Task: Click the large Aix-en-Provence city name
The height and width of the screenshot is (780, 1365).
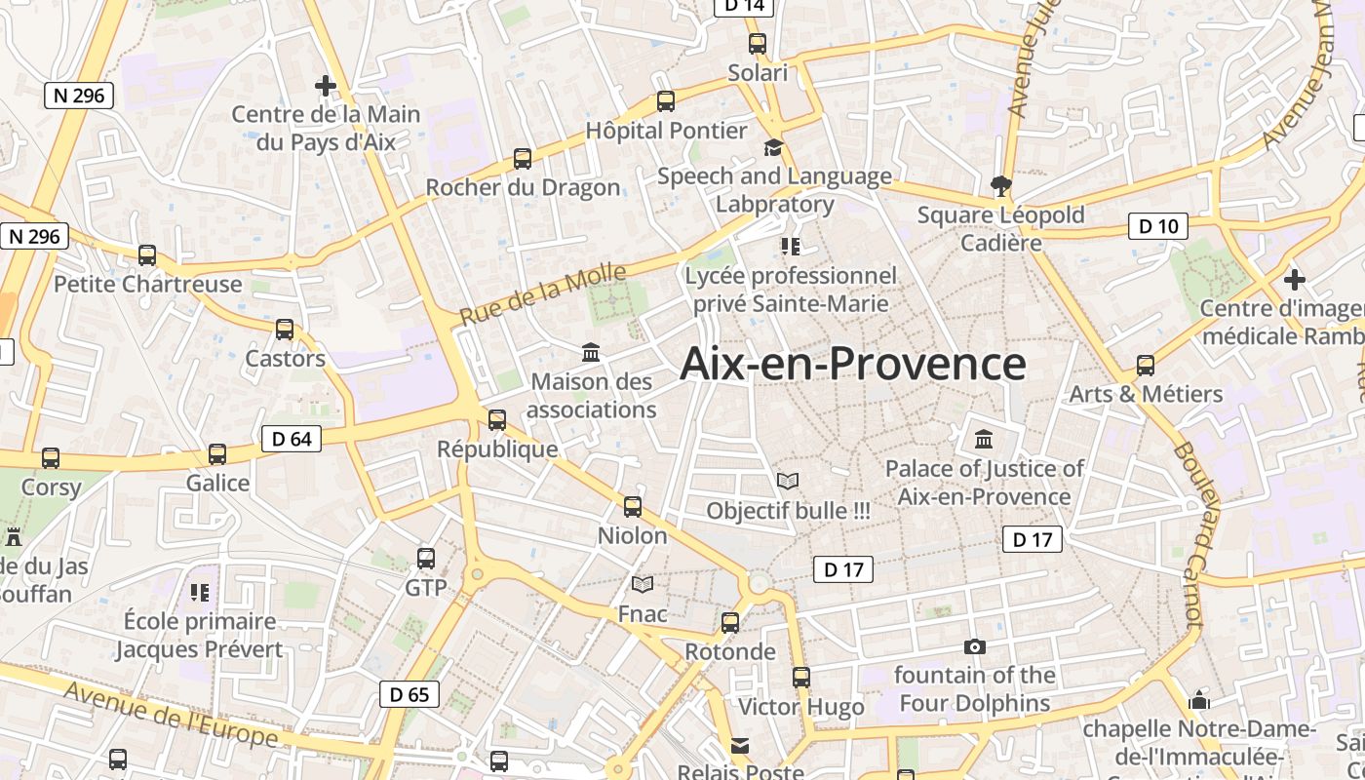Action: coord(852,364)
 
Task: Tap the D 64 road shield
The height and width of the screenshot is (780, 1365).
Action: coord(292,439)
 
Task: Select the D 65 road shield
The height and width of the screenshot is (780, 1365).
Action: coord(409,694)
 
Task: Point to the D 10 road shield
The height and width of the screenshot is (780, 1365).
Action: coord(1158,226)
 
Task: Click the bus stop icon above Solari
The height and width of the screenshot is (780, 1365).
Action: coord(758,43)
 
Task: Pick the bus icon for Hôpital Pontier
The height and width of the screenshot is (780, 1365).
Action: coord(666,100)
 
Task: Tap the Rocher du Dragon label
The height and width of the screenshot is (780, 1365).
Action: coord(523,187)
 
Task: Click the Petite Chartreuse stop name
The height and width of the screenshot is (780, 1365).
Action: coord(147,284)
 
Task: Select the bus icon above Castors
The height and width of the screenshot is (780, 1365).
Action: coord(285,329)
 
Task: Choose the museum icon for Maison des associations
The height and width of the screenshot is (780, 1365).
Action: coord(591,352)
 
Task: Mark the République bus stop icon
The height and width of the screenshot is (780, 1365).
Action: coord(497,420)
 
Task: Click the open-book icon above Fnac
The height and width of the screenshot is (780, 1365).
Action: coord(642,584)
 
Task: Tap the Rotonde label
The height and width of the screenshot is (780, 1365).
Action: coord(730,651)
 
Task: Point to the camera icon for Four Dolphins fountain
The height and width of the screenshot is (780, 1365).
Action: coord(974,646)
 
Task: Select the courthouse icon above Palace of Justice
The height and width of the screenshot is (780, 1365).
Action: coord(984,439)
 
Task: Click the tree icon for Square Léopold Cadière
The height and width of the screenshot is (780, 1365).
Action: coord(1000,185)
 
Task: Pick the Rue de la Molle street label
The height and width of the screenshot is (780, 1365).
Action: coord(543,295)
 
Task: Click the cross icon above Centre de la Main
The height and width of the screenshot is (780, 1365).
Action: coord(326,86)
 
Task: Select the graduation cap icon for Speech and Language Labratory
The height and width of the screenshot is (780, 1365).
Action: coord(773,147)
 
